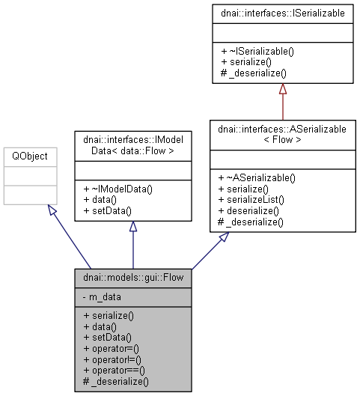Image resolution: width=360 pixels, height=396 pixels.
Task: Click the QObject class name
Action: point(26,156)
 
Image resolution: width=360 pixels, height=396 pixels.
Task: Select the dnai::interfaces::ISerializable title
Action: point(282,13)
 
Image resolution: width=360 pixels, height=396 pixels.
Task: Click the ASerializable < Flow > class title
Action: point(282,135)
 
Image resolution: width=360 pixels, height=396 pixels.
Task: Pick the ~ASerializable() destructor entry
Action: point(257,177)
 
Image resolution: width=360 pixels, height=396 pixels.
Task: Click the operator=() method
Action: point(115,349)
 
